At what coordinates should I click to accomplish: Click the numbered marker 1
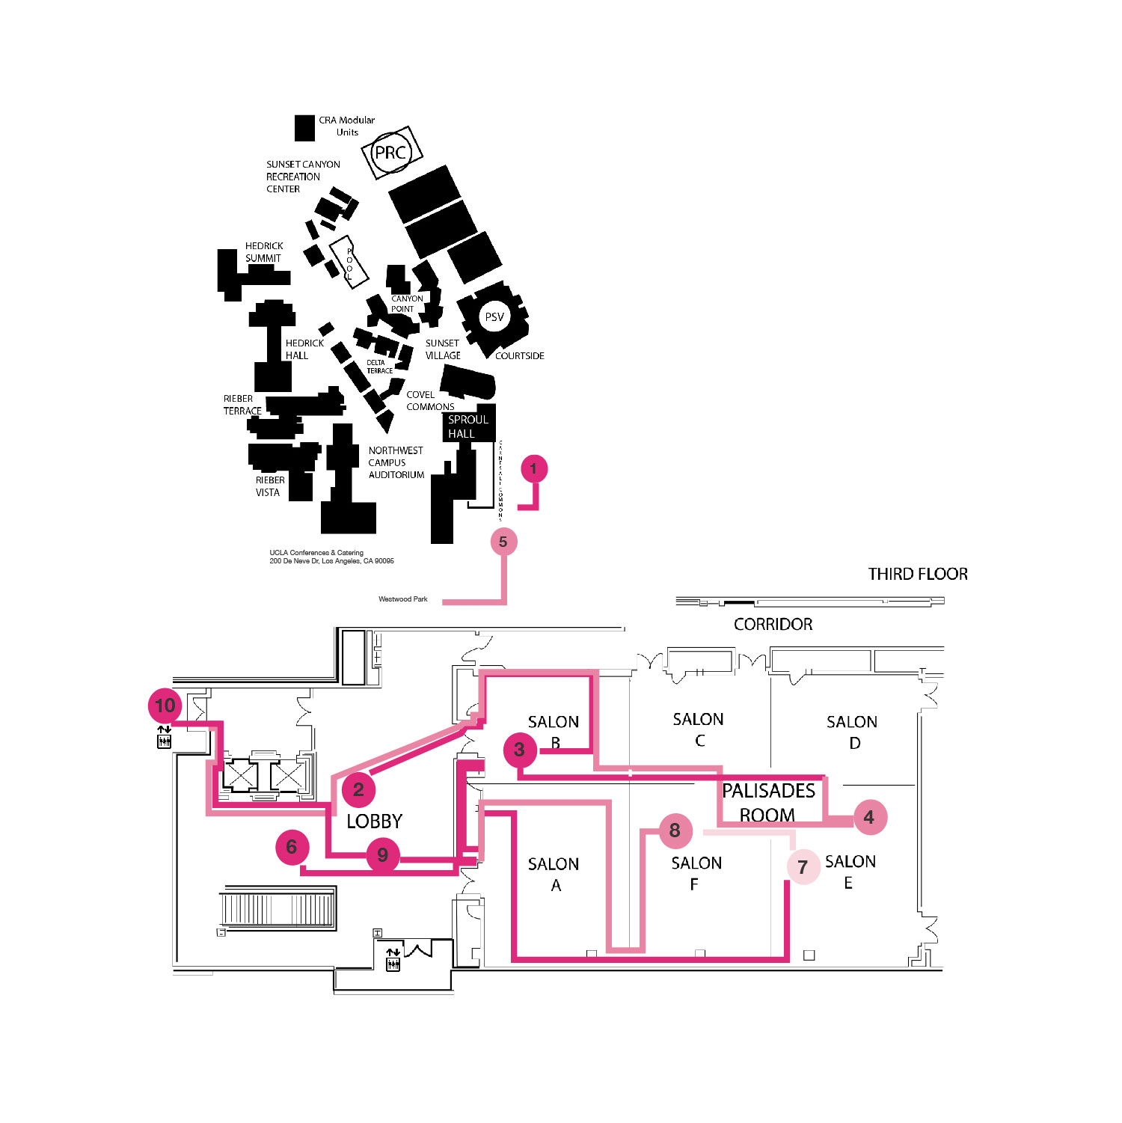pos(533,469)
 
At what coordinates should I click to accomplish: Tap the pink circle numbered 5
pos(503,542)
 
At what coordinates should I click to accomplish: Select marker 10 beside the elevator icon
pos(165,706)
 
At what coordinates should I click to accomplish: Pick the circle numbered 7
pos(803,867)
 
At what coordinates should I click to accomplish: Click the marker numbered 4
pos(868,817)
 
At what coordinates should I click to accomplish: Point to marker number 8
pos(675,830)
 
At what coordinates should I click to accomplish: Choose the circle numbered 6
pos(292,847)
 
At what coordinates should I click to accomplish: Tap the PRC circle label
pos(391,153)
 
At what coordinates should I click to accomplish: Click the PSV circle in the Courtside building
pos(494,317)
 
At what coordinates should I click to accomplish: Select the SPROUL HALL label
pos(467,426)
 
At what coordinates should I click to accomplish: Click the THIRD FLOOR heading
pos(918,574)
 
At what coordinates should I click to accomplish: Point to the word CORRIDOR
pos(773,624)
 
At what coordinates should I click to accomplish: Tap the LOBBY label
pos(374,821)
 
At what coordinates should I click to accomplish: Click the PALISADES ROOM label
pos(768,802)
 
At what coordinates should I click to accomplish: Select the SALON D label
pos(852,732)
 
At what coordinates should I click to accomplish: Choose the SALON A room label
pos(554,874)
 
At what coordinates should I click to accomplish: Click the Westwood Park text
pos(403,599)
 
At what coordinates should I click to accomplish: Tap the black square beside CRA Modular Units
pos(304,128)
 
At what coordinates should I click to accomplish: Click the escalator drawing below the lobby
pos(278,909)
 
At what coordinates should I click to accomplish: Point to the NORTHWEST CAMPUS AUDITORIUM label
pos(396,462)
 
